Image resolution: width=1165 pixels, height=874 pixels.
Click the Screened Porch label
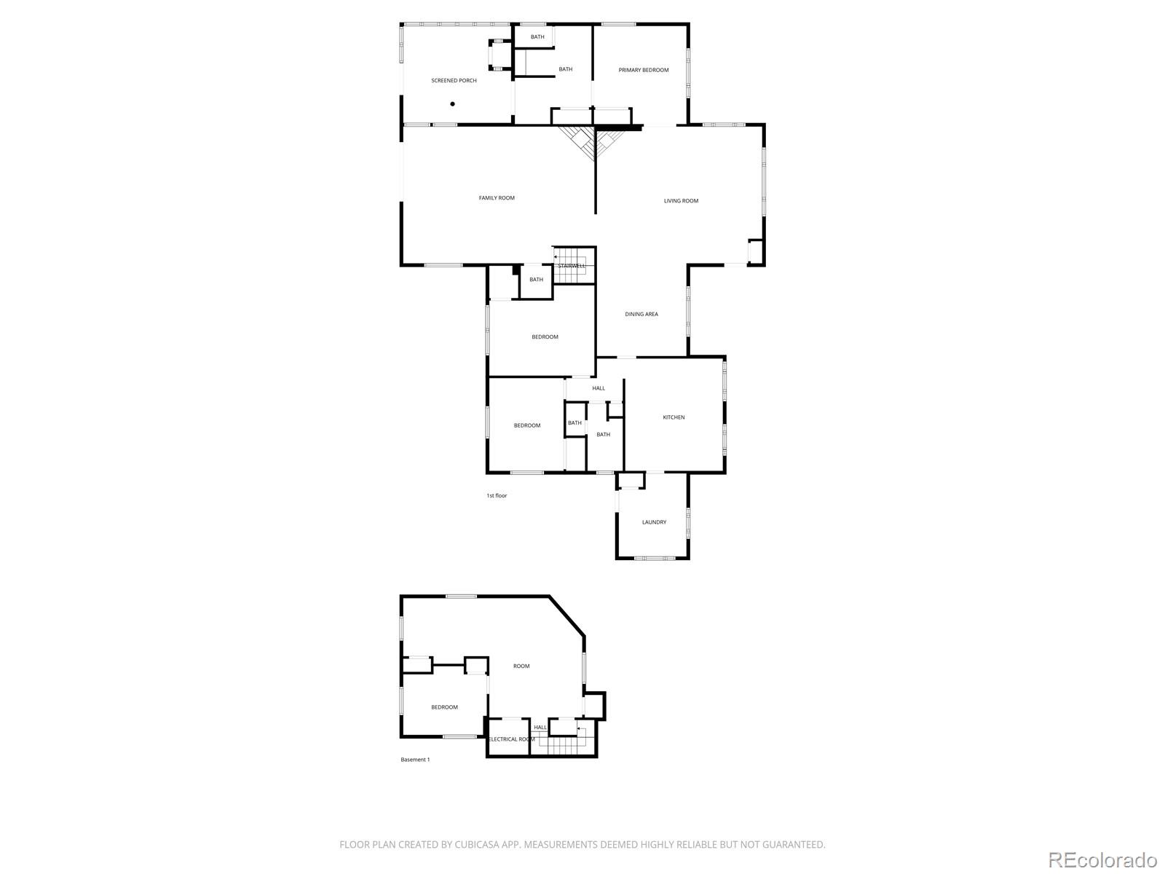(454, 81)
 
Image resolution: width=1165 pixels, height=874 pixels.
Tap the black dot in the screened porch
(452, 104)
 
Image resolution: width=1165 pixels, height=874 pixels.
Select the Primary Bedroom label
(643, 70)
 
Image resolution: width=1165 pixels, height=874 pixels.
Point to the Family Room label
(497, 198)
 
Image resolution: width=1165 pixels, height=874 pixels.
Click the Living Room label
(681, 200)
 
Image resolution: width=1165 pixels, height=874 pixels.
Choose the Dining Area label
(641, 314)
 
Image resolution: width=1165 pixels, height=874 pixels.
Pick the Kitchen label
(674, 417)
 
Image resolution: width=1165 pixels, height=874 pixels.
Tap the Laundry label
(654, 522)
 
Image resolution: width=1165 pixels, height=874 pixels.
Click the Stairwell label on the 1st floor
(572, 266)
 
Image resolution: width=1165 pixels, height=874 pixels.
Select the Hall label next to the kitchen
(599, 388)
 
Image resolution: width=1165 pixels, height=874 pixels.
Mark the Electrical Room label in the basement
(512, 739)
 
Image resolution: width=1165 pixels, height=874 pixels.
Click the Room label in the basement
(521, 666)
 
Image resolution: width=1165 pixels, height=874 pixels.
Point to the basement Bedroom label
(444, 706)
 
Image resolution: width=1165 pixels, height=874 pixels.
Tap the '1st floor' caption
(497, 496)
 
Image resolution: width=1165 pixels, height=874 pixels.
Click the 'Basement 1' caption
(415, 760)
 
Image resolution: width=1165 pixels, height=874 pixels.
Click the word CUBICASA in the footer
(477, 844)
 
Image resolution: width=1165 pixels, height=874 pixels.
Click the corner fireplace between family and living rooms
(594, 141)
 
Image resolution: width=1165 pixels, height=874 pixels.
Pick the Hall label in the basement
(540, 728)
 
